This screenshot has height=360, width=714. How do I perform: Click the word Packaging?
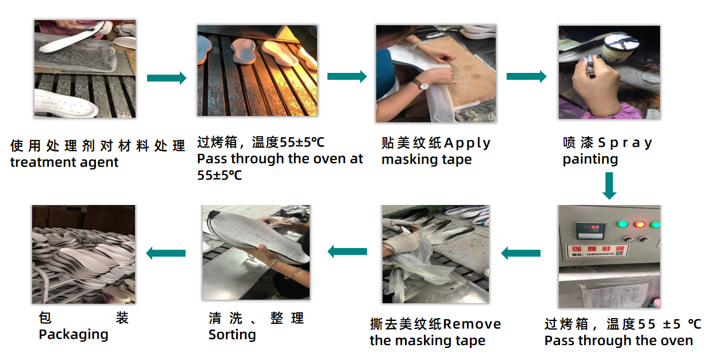coord(74,335)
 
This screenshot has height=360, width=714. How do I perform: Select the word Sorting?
coord(233,335)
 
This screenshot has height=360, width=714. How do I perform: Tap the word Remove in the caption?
coord(472,324)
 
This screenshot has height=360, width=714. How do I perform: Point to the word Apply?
coord(467,144)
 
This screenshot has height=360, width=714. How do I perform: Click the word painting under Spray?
coord(591,159)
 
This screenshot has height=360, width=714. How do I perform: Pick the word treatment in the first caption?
coord(43,162)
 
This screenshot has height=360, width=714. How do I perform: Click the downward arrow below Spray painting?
coord(609,185)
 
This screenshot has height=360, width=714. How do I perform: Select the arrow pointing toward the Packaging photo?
coord(166,253)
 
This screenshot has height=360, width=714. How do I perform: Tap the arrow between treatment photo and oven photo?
coord(167,78)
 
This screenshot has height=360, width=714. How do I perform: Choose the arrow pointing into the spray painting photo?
coord(527,76)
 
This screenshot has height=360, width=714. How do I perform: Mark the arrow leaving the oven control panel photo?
coord(521,253)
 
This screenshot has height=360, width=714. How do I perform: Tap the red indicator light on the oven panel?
coord(639,224)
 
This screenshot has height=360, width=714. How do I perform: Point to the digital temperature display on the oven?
coord(591,231)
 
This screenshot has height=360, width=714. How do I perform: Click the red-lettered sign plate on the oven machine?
coord(597,250)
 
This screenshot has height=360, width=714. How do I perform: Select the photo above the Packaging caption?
coord(83,254)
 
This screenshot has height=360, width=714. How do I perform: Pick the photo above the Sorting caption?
coord(256,252)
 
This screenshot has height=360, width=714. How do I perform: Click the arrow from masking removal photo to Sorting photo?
coord(347,251)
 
